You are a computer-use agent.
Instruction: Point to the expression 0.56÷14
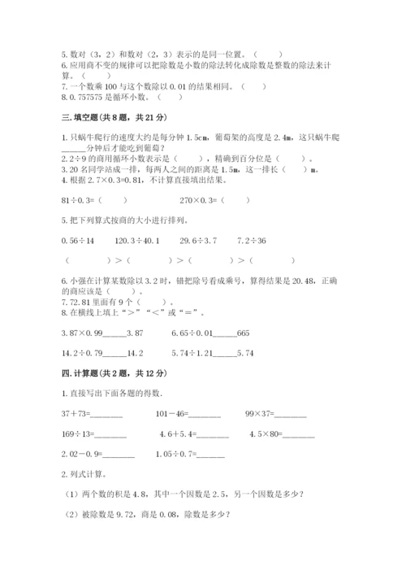[78, 241]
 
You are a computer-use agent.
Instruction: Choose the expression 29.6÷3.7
[198, 241]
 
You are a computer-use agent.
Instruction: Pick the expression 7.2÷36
[252, 241]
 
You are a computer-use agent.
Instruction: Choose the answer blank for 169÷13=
[108, 434]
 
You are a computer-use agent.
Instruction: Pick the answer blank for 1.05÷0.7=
[209, 454]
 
